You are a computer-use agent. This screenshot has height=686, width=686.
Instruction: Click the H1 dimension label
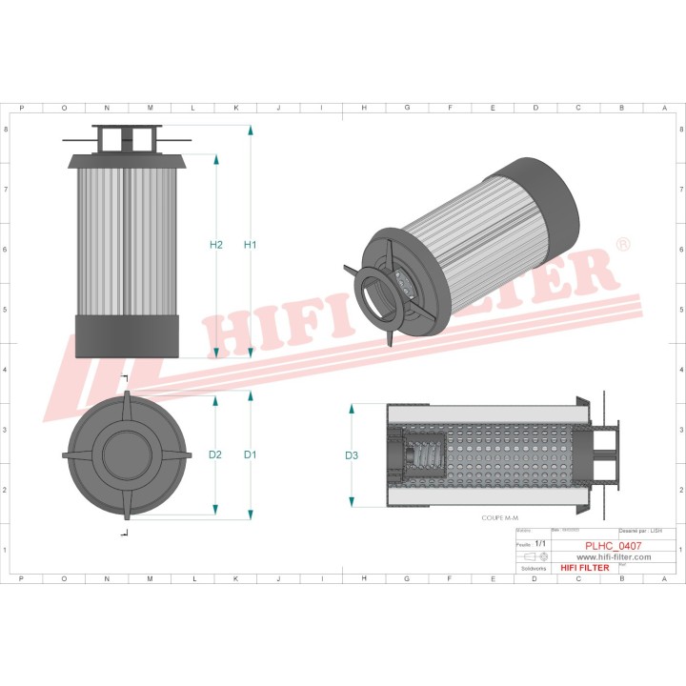(x=250, y=245)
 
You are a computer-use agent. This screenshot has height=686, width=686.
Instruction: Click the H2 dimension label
(x=216, y=245)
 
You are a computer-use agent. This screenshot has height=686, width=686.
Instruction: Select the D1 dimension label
(x=250, y=454)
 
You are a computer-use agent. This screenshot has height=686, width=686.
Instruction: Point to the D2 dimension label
(x=215, y=454)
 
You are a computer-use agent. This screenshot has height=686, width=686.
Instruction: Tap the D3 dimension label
(x=352, y=455)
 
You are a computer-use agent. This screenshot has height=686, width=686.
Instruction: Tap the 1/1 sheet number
(x=541, y=543)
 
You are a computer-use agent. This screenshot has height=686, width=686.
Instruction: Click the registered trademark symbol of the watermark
(x=623, y=245)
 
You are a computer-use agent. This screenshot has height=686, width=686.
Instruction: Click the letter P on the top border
(x=21, y=108)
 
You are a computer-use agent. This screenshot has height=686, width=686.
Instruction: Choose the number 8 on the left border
(x=7, y=130)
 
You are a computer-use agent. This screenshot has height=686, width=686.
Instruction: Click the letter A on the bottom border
(x=664, y=577)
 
